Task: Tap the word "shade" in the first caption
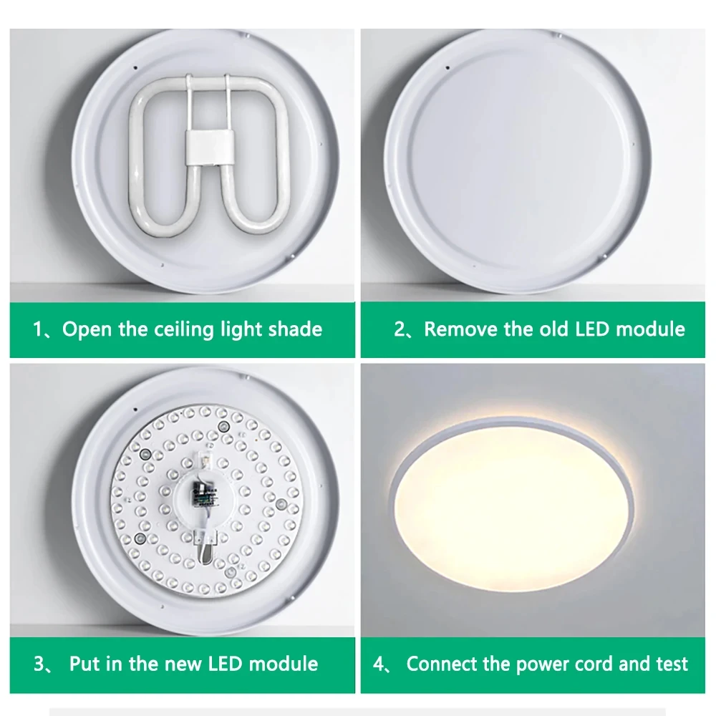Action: coord(295,329)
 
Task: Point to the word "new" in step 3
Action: coord(183,663)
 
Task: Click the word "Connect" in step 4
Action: coord(442,664)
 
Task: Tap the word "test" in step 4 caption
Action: coord(672,664)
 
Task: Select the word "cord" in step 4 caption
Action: coord(594,664)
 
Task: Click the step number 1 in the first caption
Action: coord(38,330)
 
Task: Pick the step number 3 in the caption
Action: coord(39,664)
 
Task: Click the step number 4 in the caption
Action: coord(379,664)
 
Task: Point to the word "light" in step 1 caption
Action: coord(241,330)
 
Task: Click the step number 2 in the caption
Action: coord(400,330)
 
